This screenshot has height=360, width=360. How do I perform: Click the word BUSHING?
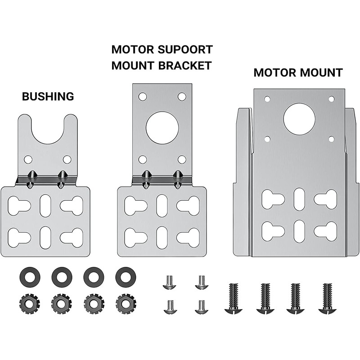coord(48,96)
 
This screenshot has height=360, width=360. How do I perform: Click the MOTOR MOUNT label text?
coord(298,72)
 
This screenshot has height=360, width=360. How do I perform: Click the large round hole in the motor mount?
coord(299,118)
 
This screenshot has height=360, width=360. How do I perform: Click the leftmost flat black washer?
coord(30,274)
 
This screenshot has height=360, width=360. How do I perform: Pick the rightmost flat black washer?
coord(125,274)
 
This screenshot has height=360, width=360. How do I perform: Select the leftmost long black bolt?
coord(233,298)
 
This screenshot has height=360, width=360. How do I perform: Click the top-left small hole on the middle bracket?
coord(143,96)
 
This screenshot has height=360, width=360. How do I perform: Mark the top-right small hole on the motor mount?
coord(331,99)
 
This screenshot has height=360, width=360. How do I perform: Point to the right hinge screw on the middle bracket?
coord(178,179)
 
